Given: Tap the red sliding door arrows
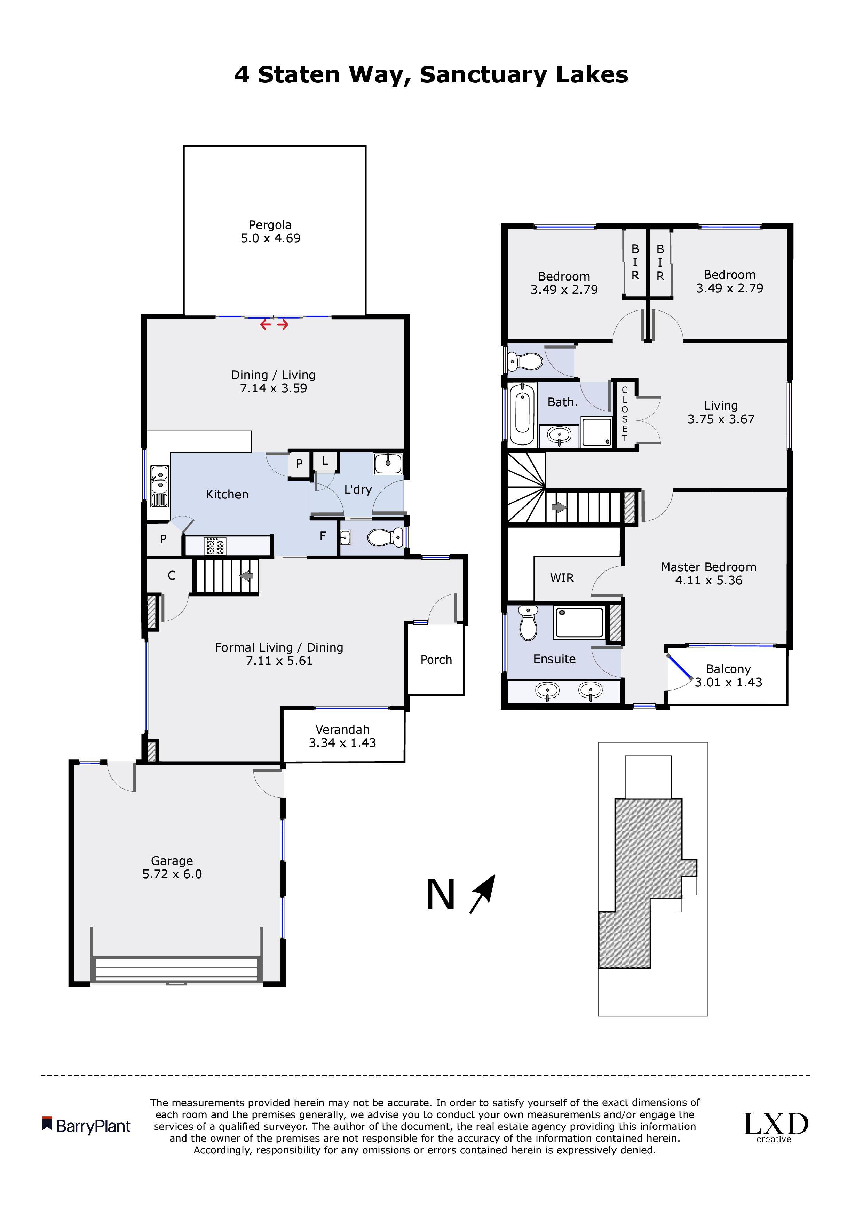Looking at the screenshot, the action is click(274, 324).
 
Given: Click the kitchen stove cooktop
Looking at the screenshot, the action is click(216, 546).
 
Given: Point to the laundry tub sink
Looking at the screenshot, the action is click(388, 463).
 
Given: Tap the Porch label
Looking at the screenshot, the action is click(436, 660).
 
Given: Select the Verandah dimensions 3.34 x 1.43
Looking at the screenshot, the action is click(342, 743).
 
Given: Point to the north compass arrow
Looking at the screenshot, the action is click(483, 894).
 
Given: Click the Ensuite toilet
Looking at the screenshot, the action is click(528, 623).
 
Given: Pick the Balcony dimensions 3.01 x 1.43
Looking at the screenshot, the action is click(728, 682).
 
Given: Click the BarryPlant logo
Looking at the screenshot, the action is click(86, 1126).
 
